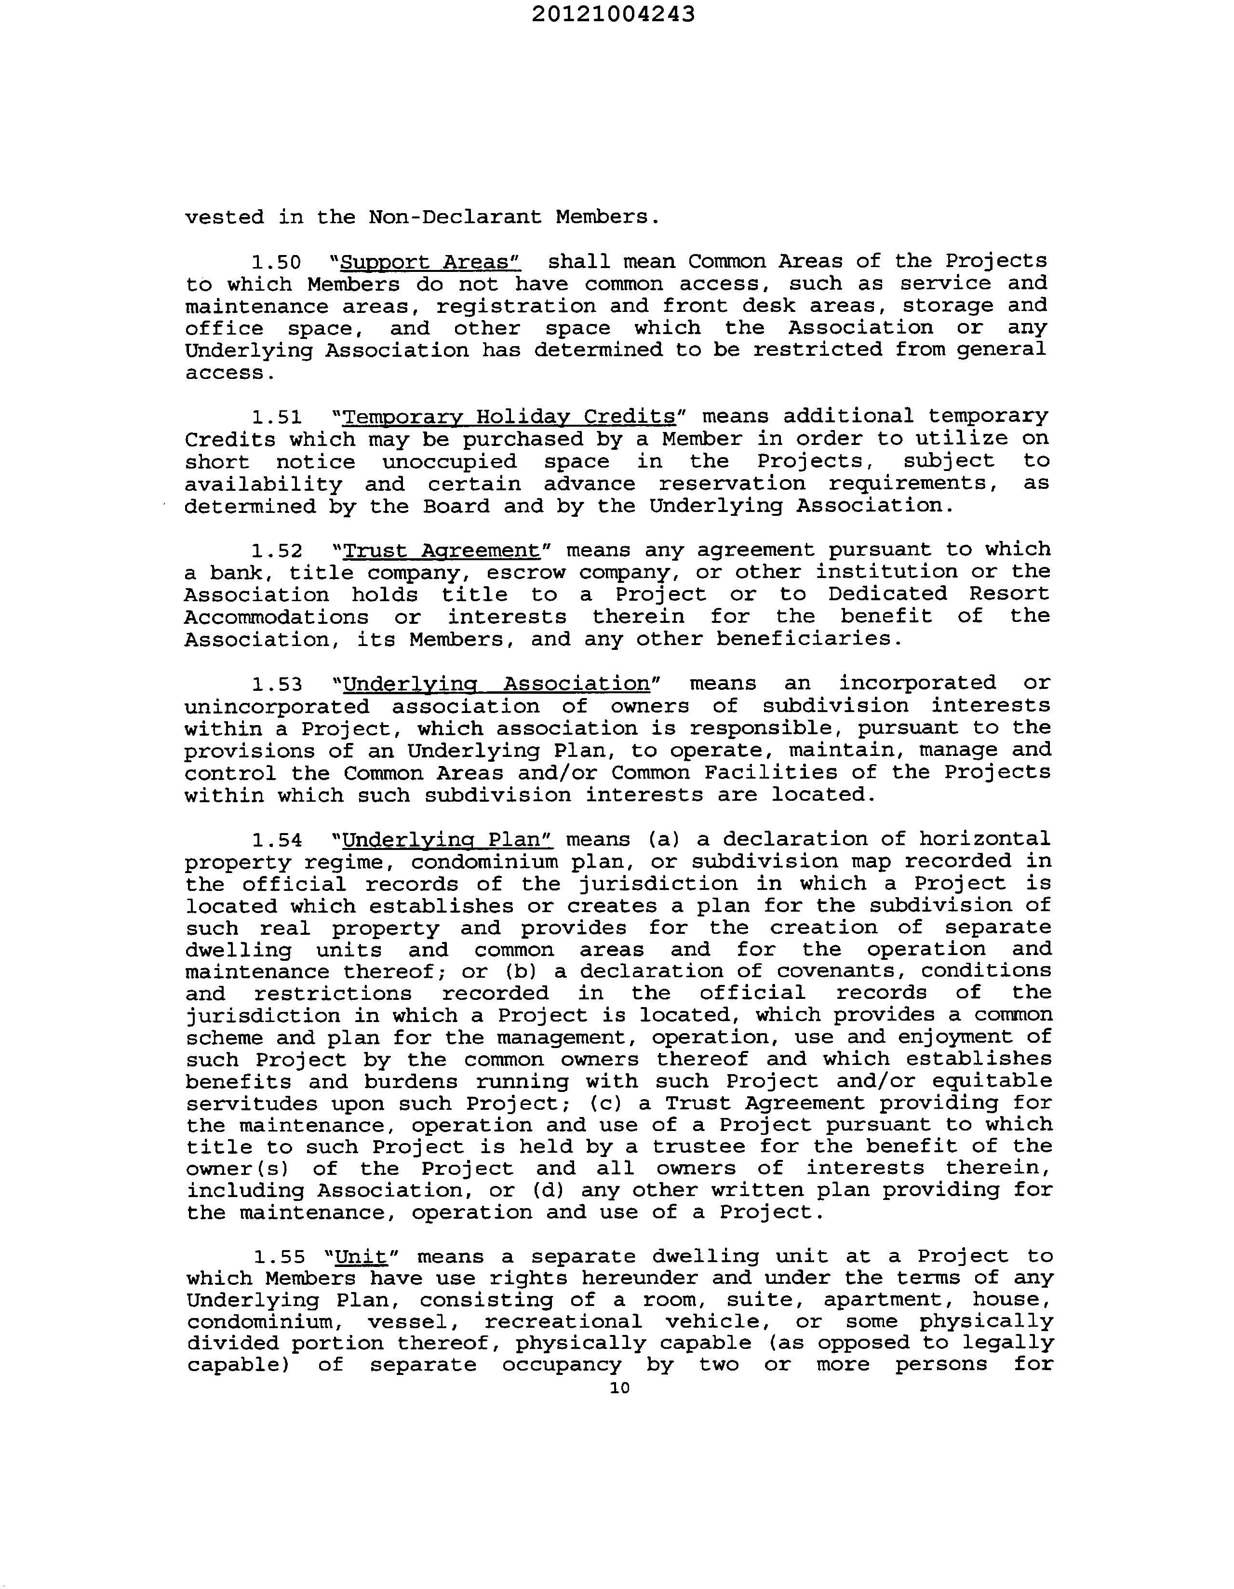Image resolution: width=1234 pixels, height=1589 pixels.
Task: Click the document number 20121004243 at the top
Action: click(613, 14)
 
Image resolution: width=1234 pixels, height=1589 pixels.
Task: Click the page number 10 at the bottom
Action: click(619, 1388)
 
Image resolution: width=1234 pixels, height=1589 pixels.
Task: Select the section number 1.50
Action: click(277, 262)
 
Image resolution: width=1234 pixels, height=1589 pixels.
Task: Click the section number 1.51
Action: click(277, 417)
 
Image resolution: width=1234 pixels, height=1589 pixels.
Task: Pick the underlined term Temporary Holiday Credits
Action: click(509, 417)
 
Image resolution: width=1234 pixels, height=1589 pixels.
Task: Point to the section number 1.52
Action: click(277, 551)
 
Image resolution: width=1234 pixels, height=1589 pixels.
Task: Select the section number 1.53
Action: click(277, 685)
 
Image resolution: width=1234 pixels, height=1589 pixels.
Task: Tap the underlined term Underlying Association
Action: click(496, 685)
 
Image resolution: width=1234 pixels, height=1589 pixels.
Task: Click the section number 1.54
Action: click(277, 840)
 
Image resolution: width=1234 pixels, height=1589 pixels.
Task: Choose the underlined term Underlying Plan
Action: click(447, 840)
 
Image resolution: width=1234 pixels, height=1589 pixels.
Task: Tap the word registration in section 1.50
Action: click(515, 306)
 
